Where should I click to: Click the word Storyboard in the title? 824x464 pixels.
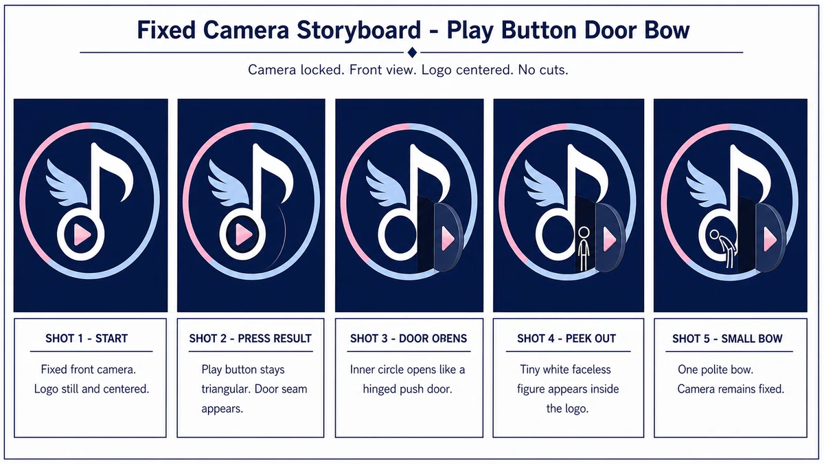[x=358, y=31]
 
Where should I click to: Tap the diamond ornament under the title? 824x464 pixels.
[x=412, y=53]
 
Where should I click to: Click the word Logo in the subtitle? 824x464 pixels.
[x=436, y=70]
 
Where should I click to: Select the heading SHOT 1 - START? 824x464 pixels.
[x=87, y=338]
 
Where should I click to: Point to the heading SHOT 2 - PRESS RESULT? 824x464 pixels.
[x=250, y=338]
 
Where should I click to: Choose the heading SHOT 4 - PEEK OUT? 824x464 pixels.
[x=566, y=338]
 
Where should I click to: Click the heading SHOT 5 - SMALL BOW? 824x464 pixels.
[x=727, y=338]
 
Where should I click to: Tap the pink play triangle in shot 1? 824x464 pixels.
[x=82, y=234]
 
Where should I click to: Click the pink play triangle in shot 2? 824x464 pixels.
[x=244, y=234]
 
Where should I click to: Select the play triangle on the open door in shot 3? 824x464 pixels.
[x=448, y=239]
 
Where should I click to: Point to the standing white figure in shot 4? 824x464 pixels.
[x=584, y=249]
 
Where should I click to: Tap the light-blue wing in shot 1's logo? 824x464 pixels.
[x=67, y=182]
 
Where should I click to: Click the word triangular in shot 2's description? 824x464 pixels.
[x=225, y=389]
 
